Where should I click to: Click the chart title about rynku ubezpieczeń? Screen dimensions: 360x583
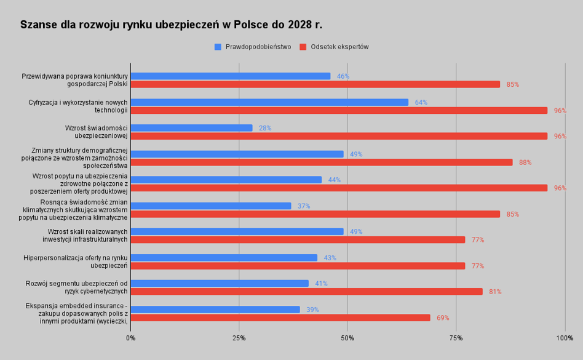click(x=171, y=25)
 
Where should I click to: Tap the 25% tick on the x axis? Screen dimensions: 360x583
click(x=239, y=338)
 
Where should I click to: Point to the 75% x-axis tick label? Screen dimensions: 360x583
click(x=456, y=338)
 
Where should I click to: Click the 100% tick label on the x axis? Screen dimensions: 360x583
click(x=564, y=338)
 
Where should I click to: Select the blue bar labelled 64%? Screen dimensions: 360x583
click(x=269, y=102)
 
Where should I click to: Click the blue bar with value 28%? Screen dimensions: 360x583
click(x=191, y=128)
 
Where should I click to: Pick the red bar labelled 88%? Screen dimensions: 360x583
click(x=321, y=162)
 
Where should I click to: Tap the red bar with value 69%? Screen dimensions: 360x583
click(x=280, y=318)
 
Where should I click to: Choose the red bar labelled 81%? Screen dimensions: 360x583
click(x=306, y=292)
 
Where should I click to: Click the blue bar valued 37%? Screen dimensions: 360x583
click(x=211, y=206)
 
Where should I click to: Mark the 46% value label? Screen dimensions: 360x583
click(x=343, y=76)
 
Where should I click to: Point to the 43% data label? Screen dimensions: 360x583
click(x=330, y=258)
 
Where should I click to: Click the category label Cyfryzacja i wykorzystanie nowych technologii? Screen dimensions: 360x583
click(x=78, y=106)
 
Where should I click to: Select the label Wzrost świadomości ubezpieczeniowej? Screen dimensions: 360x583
click(x=96, y=132)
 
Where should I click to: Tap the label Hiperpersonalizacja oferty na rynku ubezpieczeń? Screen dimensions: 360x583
click(x=76, y=262)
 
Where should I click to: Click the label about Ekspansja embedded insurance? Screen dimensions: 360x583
click(x=77, y=313)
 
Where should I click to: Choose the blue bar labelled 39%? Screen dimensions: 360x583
click(x=215, y=310)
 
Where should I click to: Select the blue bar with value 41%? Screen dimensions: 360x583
click(x=220, y=284)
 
